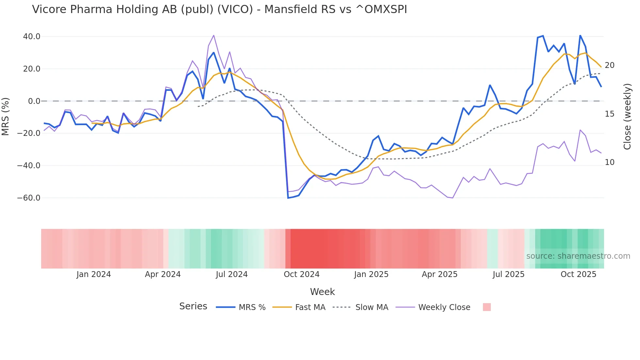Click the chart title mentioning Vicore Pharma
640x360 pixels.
(219, 9)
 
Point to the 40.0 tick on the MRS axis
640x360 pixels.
(32, 37)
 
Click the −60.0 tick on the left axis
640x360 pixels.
(29, 198)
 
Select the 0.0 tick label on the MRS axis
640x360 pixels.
(34, 101)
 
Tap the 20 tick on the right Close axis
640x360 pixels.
(609, 65)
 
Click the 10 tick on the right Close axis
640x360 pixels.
(609, 162)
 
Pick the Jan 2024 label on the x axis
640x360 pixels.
(94, 274)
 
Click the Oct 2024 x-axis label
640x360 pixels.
(301, 274)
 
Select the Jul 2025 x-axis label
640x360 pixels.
(508, 274)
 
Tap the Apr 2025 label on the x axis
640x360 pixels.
(440, 274)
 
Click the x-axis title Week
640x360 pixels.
(322, 292)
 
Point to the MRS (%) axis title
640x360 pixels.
(6, 117)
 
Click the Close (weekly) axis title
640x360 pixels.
(627, 117)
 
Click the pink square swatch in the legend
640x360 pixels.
(487, 307)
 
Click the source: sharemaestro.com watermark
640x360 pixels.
(578, 256)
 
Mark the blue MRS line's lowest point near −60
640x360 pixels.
(288, 198)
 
